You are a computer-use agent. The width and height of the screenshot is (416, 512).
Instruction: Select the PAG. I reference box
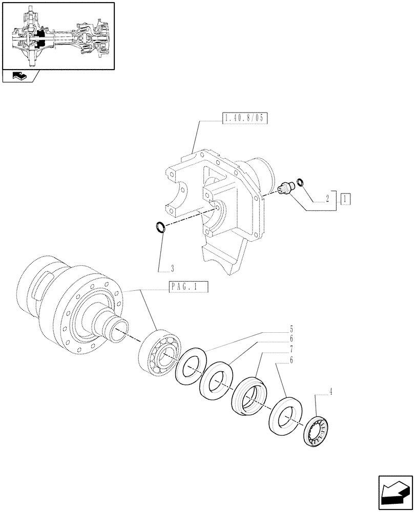tap(188, 288)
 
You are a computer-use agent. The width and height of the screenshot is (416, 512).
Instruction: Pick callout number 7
tap(291, 349)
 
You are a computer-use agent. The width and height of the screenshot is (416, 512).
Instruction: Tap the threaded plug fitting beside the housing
tap(285, 187)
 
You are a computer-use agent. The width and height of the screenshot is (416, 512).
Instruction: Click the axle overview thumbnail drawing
tap(58, 35)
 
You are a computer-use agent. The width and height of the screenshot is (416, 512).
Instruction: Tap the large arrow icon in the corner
tap(395, 493)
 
